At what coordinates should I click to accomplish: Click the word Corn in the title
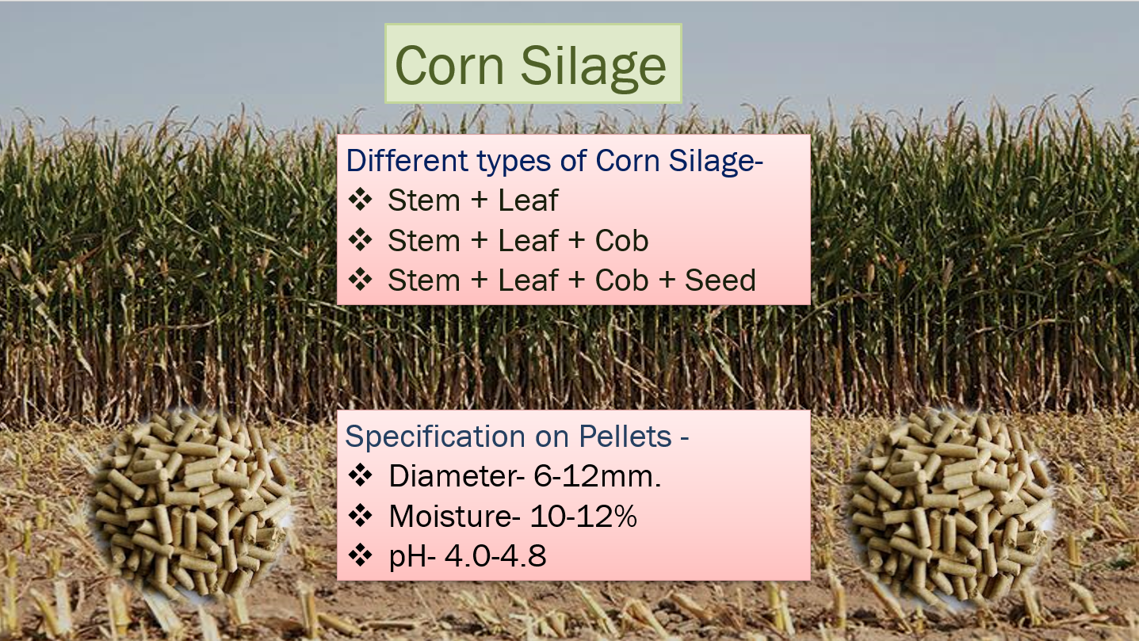point(449,65)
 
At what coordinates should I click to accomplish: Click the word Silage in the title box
point(593,67)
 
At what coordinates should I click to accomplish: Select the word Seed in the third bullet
point(720,280)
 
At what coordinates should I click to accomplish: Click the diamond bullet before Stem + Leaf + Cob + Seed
point(361,280)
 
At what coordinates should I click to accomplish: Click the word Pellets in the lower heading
point(625,437)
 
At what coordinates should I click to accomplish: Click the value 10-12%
point(583,517)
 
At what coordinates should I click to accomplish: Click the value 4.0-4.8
point(495,555)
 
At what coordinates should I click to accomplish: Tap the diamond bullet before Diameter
point(361,475)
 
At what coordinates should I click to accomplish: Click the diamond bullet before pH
point(361,555)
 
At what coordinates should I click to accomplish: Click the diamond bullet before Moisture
point(361,516)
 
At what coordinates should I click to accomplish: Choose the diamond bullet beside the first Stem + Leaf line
point(361,199)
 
